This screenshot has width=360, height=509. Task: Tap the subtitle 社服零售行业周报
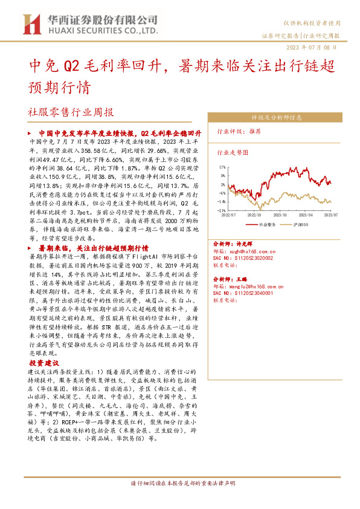pos(70,112)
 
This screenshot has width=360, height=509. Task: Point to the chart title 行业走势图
pos(232,154)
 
